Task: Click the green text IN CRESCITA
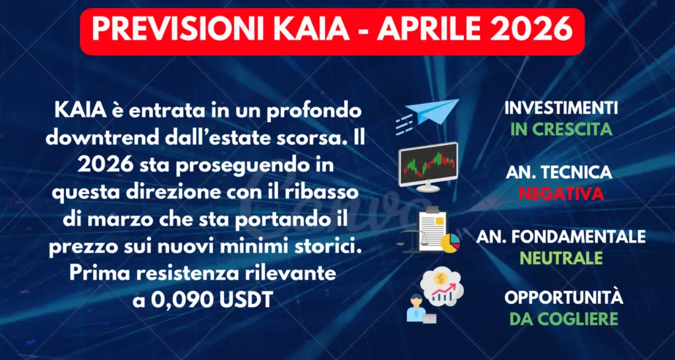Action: coord(561,129)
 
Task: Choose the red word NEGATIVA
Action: coord(561,194)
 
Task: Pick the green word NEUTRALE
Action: coord(561,257)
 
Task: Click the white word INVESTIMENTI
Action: coord(561,108)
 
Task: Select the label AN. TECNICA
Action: coord(559,173)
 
